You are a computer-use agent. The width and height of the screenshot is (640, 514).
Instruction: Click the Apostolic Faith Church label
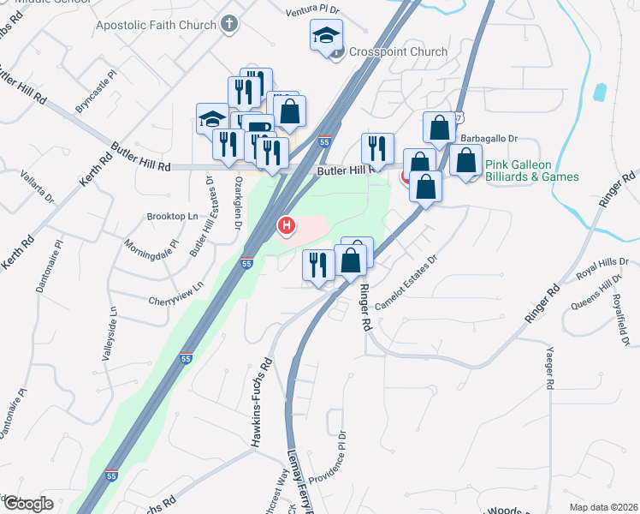tap(157, 24)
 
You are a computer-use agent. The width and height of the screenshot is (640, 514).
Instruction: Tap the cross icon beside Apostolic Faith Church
tap(229, 24)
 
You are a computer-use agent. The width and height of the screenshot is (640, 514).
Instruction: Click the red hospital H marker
tap(286, 226)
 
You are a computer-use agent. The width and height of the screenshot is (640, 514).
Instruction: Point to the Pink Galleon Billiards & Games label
tap(531, 170)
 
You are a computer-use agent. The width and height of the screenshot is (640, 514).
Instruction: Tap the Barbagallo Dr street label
tap(490, 138)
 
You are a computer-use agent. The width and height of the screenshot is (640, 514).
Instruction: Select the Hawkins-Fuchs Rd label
tap(255, 403)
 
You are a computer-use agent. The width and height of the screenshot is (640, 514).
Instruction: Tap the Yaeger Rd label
tap(551, 370)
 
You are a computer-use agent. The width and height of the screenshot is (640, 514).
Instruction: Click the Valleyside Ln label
tap(109, 334)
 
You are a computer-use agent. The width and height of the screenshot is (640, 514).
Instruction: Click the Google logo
tap(28, 504)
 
